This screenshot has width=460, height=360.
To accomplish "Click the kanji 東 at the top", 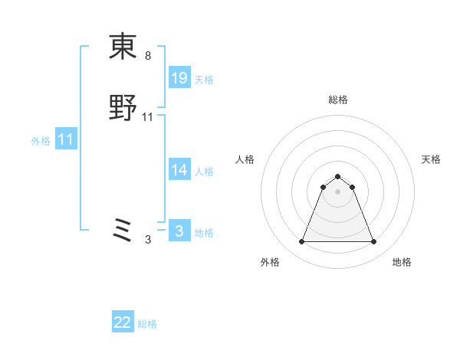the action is point(123,47).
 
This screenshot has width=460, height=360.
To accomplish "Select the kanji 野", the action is point(123,108).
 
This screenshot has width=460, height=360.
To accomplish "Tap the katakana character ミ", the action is point(123,230).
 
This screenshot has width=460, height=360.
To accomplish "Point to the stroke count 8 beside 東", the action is point(148,56).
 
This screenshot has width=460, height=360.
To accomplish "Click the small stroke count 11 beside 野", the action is point(148,117).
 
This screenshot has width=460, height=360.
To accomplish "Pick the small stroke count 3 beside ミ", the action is point(148,240).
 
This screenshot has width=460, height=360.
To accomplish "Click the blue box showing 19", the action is point(179,77).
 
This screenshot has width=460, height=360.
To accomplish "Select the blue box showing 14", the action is point(179,170).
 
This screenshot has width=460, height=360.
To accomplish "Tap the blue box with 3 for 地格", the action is point(179,231).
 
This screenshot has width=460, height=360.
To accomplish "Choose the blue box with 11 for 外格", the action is point(66,140).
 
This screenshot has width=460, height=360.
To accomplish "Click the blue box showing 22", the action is point(123,322).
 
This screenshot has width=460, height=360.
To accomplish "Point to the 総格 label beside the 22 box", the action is point(147,324).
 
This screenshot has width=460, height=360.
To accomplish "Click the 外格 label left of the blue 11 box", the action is point(41,141).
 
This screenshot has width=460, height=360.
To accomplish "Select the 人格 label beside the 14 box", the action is point(204,172).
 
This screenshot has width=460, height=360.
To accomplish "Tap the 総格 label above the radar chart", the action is point(337,100).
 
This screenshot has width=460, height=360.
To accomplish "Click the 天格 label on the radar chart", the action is point(432,159).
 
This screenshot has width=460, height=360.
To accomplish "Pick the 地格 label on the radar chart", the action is point(402,262).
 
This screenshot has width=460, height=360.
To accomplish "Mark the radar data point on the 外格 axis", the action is point(301,242).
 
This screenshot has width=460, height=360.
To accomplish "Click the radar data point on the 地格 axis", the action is point(373,242).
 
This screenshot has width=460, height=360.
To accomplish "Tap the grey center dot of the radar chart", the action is point(337,191).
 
